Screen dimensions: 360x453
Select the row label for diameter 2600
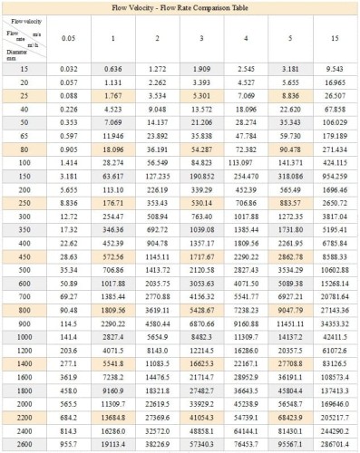pyautogui.click(x=20, y=447)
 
